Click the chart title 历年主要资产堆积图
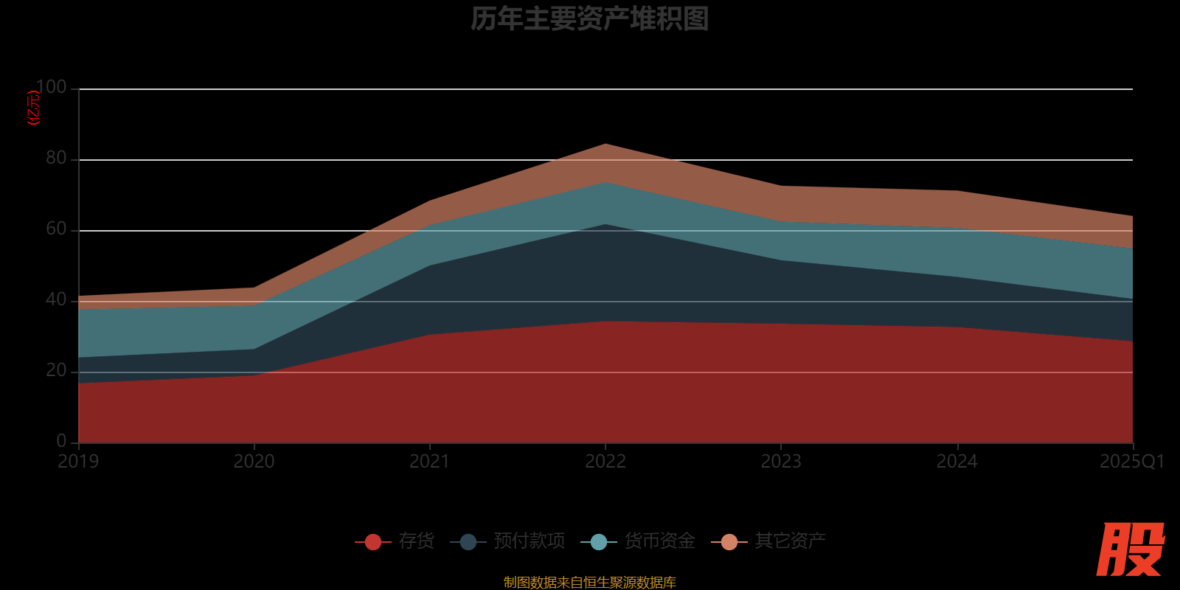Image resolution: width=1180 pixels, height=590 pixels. click(x=589, y=19)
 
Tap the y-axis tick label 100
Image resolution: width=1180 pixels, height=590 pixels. click(x=51, y=88)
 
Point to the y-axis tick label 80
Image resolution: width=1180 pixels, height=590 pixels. click(x=56, y=159)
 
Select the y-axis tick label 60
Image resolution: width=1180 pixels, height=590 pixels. click(x=56, y=229)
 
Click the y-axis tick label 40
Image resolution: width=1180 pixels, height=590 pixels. click(x=56, y=300)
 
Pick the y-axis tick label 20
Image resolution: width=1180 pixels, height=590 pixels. click(x=56, y=371)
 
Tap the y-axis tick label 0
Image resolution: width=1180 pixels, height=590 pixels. click(x=61, y=441)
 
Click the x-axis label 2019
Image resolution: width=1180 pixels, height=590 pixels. click(x=78, y=462)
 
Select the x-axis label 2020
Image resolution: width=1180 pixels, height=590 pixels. click(x=254, y=462)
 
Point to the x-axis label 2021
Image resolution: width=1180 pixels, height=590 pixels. click(x=429, y=462)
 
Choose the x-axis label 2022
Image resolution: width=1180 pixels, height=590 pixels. click(x=605, y=462)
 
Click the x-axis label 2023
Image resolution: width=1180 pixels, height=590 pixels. click(x=781, y=462)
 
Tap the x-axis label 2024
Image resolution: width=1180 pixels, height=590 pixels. click(x=957, y=462)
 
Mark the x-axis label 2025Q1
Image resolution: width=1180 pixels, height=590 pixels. click(x=1131, y=462)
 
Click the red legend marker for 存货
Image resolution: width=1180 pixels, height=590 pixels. click(x=373, y=542)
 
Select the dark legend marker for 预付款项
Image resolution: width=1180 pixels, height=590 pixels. click(x=468, y=542)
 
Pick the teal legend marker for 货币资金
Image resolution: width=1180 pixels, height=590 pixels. click(x=599, y=542)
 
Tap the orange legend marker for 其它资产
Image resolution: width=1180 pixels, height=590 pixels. click(x=729, y=542)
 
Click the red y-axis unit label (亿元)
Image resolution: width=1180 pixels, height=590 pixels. click(x=33, y=108)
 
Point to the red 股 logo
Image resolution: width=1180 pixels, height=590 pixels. click(x=1130, y=549)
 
